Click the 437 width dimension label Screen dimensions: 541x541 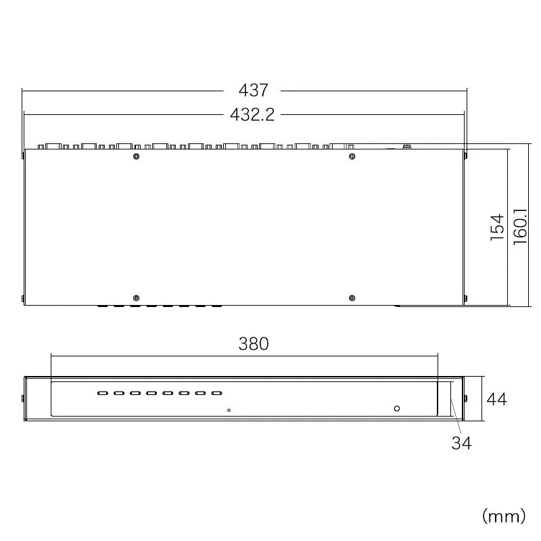click(x=253, y=91)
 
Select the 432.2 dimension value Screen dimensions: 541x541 click(x=252, y=114)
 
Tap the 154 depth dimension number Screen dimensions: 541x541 click(x=497, y=227)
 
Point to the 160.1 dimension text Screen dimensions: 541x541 click(x=520, y=227)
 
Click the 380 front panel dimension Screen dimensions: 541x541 click(x=254, y=344)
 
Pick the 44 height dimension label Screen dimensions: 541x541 click(x=497, y=399)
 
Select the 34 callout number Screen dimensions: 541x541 click(x=462, y=443)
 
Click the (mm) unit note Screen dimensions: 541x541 click(x=504, y=517)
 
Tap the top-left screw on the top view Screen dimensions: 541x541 click(x=137, y=157)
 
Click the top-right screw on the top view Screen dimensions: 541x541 click(x=352, y=157)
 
